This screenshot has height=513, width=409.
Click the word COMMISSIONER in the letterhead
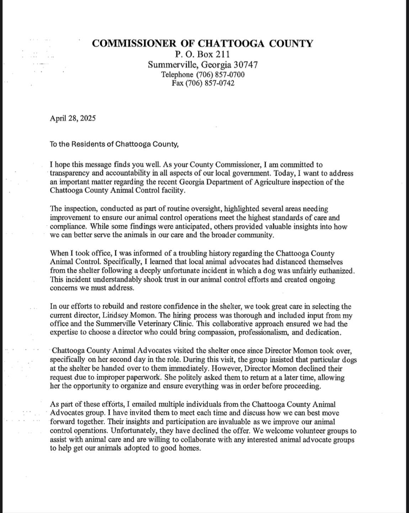coord(133,43)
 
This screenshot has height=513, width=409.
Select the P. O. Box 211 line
coord(202,54)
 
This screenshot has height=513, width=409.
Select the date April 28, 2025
coord(73,118)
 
